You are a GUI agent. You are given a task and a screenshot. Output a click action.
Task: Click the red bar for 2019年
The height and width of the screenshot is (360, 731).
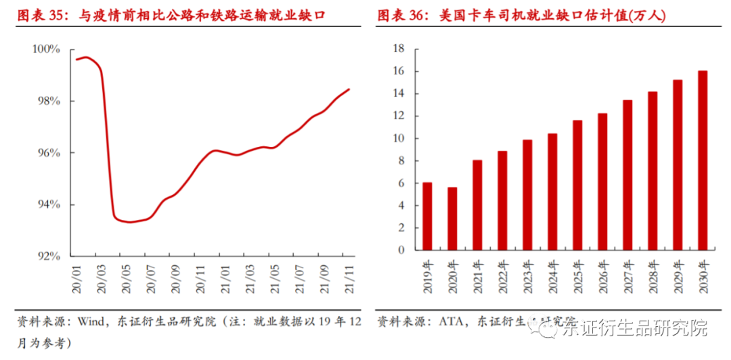(427, 217)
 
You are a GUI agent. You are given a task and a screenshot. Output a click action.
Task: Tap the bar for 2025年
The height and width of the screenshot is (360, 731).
(577, 185)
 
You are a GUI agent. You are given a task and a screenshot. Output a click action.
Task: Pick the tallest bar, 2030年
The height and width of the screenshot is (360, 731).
(703, 160)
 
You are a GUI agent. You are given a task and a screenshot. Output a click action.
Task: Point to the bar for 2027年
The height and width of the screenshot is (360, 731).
(627, 175)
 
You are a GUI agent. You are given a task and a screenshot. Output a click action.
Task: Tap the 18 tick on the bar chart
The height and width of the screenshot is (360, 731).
(398, 49)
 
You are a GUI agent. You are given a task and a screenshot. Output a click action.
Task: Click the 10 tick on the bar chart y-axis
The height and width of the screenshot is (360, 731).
(398, 139)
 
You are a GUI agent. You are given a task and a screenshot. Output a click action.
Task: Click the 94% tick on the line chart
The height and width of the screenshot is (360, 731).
(49, 204)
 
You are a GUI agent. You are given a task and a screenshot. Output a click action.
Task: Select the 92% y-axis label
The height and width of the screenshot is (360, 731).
(49, 256)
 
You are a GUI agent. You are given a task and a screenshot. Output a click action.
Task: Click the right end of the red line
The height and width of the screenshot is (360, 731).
(349, 89)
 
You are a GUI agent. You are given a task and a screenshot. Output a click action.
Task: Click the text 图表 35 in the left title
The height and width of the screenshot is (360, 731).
(38, 16)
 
